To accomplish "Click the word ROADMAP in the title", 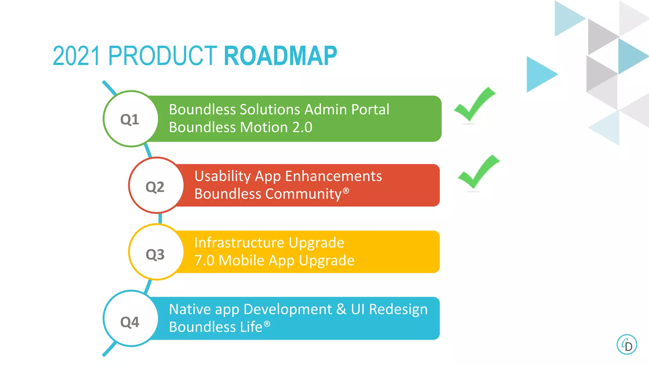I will click(x=280, y=56).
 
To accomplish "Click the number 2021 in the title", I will click(x=76, y=56).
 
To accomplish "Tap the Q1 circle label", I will click(x=130, y=119).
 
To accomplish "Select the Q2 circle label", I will click(x=155, y=187).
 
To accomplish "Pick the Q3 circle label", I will click(x=155, y=254).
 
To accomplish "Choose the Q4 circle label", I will click(x=130, y=322).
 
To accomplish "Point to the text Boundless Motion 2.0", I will click(x=241, y=127).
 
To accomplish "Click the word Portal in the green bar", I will click(x=370, y=110).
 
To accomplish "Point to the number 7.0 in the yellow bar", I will click(x=204, y=260).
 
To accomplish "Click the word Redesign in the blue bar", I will click(x=398, y=309).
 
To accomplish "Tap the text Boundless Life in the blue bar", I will click(x=216, y=327).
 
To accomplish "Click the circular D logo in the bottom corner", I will click(x=627, y=344).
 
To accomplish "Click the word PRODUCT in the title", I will click(x=162, y=56).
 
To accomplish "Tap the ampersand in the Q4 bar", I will click(x=341, y=309).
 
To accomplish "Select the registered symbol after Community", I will click(x=346, y=191).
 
